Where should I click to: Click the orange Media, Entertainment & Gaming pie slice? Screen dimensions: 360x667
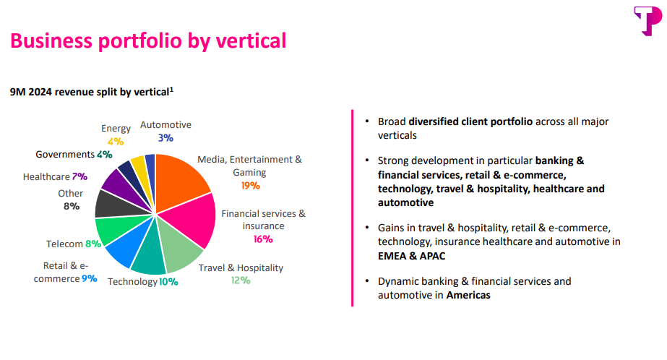coord(181,180)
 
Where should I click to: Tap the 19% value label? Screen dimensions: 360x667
coord(249,185)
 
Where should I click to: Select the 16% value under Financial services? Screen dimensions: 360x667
coord(263,239)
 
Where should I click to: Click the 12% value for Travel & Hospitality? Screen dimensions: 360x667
coord(241,280)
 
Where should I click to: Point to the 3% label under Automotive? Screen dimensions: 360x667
coord(165,137)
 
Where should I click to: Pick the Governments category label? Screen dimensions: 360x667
coord(65,155)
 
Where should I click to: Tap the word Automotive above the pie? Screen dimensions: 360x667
coord(165,125)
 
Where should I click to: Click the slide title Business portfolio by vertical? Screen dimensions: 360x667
coord(148,40)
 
